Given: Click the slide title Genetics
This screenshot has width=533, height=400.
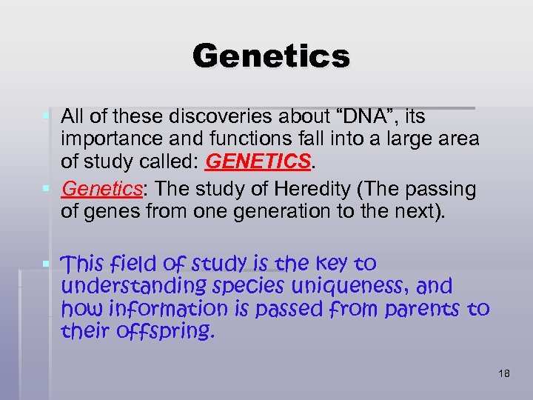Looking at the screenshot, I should point(270,56).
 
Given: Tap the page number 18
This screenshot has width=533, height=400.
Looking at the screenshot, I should point(504,374).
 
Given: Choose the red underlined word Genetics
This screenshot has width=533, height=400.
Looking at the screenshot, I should point(101,189).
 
